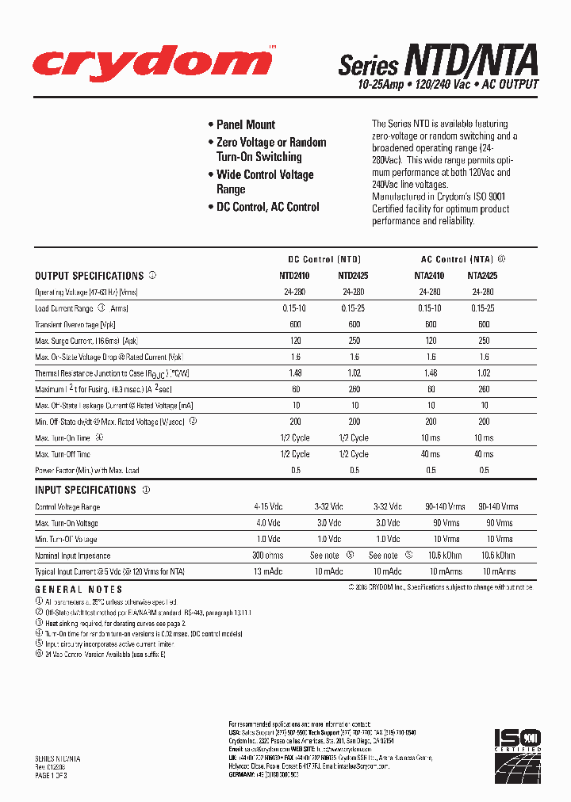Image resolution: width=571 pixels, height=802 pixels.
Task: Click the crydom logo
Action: tap(142, 63)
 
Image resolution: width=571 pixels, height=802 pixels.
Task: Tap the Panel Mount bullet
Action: tap(245, 124)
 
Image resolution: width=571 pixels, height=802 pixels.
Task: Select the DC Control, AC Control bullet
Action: tap(267, 207)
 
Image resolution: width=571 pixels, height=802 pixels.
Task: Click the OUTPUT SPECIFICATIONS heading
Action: tap(89, 276)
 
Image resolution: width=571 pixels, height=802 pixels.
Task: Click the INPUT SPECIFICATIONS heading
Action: tap(86, 491)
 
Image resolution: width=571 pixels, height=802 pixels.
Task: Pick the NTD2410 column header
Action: tap(296, 276)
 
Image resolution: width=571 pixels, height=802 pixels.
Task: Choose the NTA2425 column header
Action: tap(483, 276)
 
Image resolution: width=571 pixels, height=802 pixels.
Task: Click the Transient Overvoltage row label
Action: tap(76, 325)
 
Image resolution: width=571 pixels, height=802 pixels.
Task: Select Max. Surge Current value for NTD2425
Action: tap(353, 341)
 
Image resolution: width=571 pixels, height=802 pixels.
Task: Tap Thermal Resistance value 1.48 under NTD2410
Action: tap(296, 373)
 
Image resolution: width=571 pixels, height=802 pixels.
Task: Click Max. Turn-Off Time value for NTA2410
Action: tap(430, 454)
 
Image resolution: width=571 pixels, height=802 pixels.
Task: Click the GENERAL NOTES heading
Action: tap(79, 590)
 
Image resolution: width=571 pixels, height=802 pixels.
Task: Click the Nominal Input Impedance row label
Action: tap(72, 556)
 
